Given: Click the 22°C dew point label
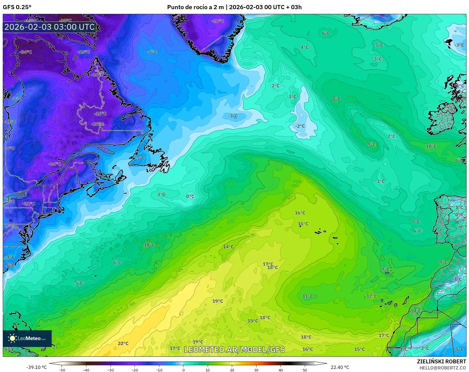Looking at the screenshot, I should pyautogui.click(x=123, y=343).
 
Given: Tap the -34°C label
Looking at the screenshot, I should pyautogui.click(x=26, y=52).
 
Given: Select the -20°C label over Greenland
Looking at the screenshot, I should pyautogui.click(x=217, y=21).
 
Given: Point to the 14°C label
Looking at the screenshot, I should pyautogui.click(x=228, y=247).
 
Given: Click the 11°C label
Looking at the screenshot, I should pyautogui.click(x=307, y=296).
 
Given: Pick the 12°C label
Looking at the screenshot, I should pyautogui.click(x=372, y=296).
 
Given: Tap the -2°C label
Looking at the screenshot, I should pyautogui.click(x=300, y=126).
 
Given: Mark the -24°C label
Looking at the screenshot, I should pyautogui.click(x=54, y=164).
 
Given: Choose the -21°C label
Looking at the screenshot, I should pyautogui.click(x=29, y=204).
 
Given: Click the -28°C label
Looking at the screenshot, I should pyautogui.click(x=98, y=124).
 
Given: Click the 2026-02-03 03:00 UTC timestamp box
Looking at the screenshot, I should pyautogui.click(x=50, y=27).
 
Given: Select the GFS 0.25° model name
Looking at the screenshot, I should pyautogui.click(x=17, y=7).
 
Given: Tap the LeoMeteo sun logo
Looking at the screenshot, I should pyautogui.click(x=12, y=338).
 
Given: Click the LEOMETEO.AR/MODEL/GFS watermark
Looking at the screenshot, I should pyautogui.click(x=234, y=349).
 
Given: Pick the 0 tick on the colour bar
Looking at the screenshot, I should pyautogui.click(x=183, y=370).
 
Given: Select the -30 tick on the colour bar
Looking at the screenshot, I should pyautogui.click(x=111, y=370).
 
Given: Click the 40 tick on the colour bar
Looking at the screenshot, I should pyautogui.click(x=280, y=370).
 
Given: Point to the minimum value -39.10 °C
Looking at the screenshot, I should pyautogui.click(x=36, y=367).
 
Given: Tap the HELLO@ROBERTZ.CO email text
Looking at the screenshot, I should pyautogui.click(x=443, y=368).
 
